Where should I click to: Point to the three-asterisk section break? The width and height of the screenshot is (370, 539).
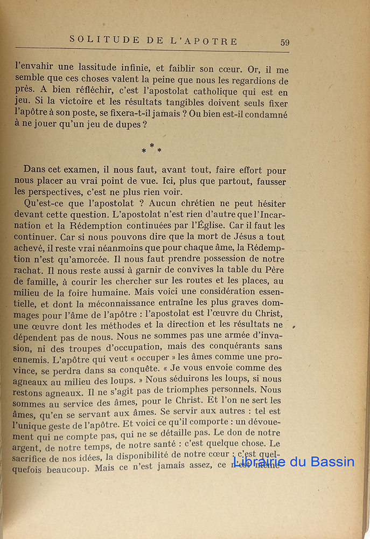pyautogui.click(x=151, y=149)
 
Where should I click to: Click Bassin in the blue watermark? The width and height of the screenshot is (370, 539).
pyautogui.click(x=327, y=462)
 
